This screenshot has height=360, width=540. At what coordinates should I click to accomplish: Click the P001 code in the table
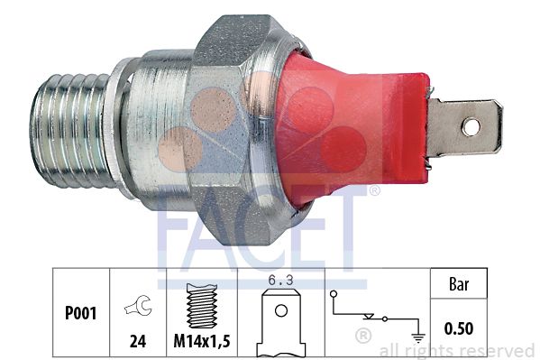(x=80, y=313)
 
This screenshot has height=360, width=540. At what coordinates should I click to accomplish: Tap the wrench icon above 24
(x=138, y=306)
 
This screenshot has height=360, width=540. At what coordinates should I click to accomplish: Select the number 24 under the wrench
(x=138, y=341)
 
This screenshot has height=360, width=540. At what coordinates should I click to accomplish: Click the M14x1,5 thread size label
(x=202, y=341)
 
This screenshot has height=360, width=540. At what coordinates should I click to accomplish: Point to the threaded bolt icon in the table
(x=202, y=306)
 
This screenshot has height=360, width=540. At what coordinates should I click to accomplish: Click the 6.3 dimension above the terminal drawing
(x=281, y=281)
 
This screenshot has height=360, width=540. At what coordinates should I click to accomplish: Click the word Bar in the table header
(x=459, y=284)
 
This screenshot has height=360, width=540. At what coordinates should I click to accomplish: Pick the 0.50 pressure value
(x=459, y=328)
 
